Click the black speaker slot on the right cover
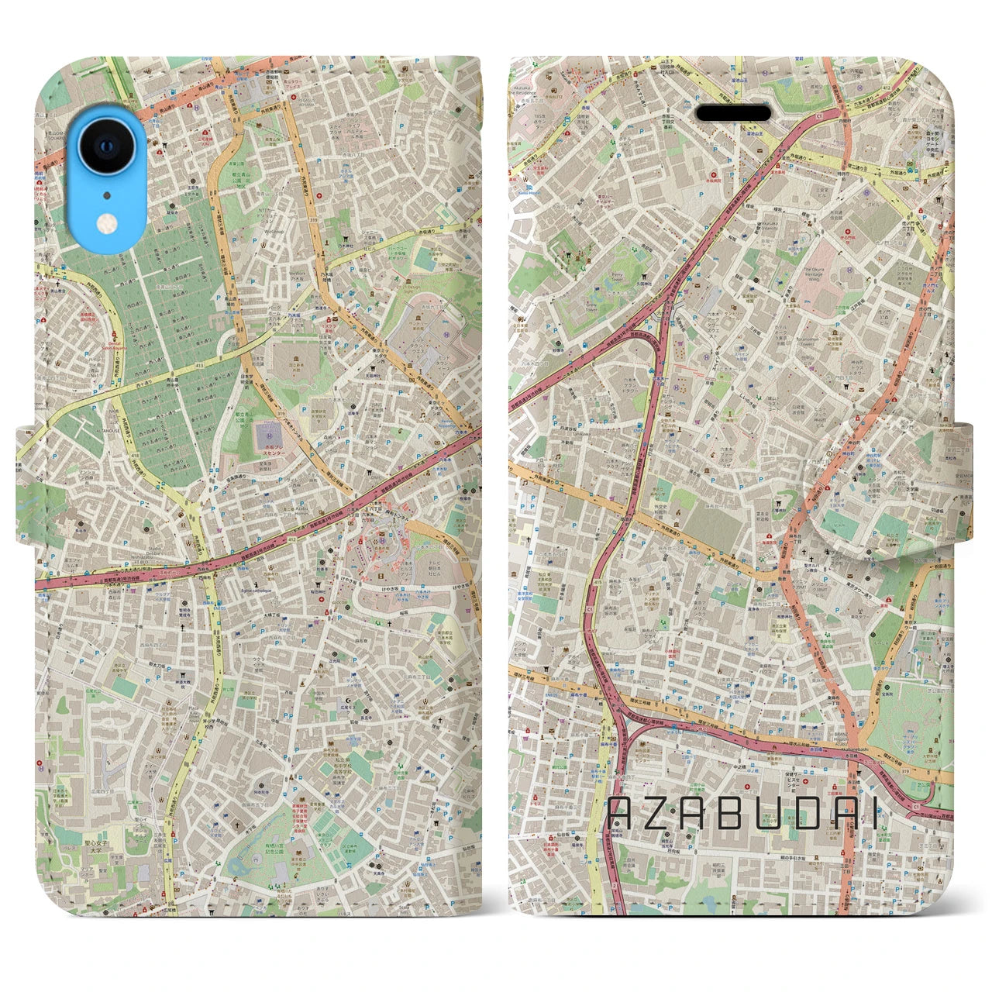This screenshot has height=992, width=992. [733, 114]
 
